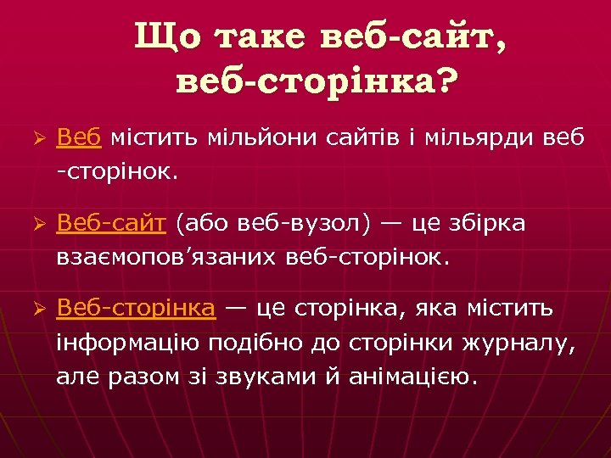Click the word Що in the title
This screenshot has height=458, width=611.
click(165, 39)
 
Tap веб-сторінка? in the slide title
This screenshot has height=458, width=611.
click(316, 82)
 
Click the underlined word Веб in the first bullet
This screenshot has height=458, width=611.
click(79, 137)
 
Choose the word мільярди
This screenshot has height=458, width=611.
click(481, 137)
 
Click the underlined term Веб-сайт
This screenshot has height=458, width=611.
click(113, 223)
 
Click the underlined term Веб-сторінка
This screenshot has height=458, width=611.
click(136, 309)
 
